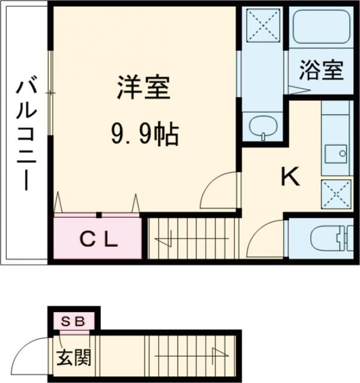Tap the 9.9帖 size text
point(143,133)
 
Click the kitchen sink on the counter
point(335,153)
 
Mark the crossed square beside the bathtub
point(265,27)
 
